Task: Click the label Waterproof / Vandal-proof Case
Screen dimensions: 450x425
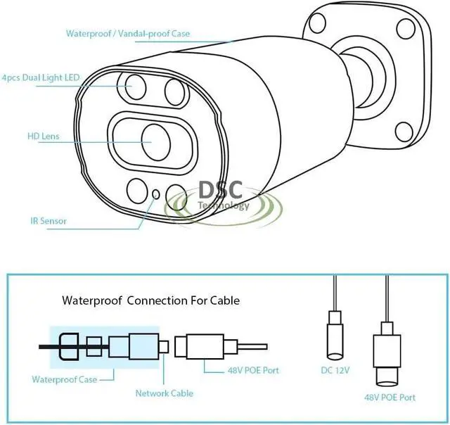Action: click(x=128, y=33)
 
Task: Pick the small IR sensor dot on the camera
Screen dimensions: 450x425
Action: click(x=155, y=193)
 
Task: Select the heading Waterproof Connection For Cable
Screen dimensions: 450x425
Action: click(x=151, y=300)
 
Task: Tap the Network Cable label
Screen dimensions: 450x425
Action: click(x=165, y=393)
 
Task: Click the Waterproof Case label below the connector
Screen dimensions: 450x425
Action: click(x=64, y=379)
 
